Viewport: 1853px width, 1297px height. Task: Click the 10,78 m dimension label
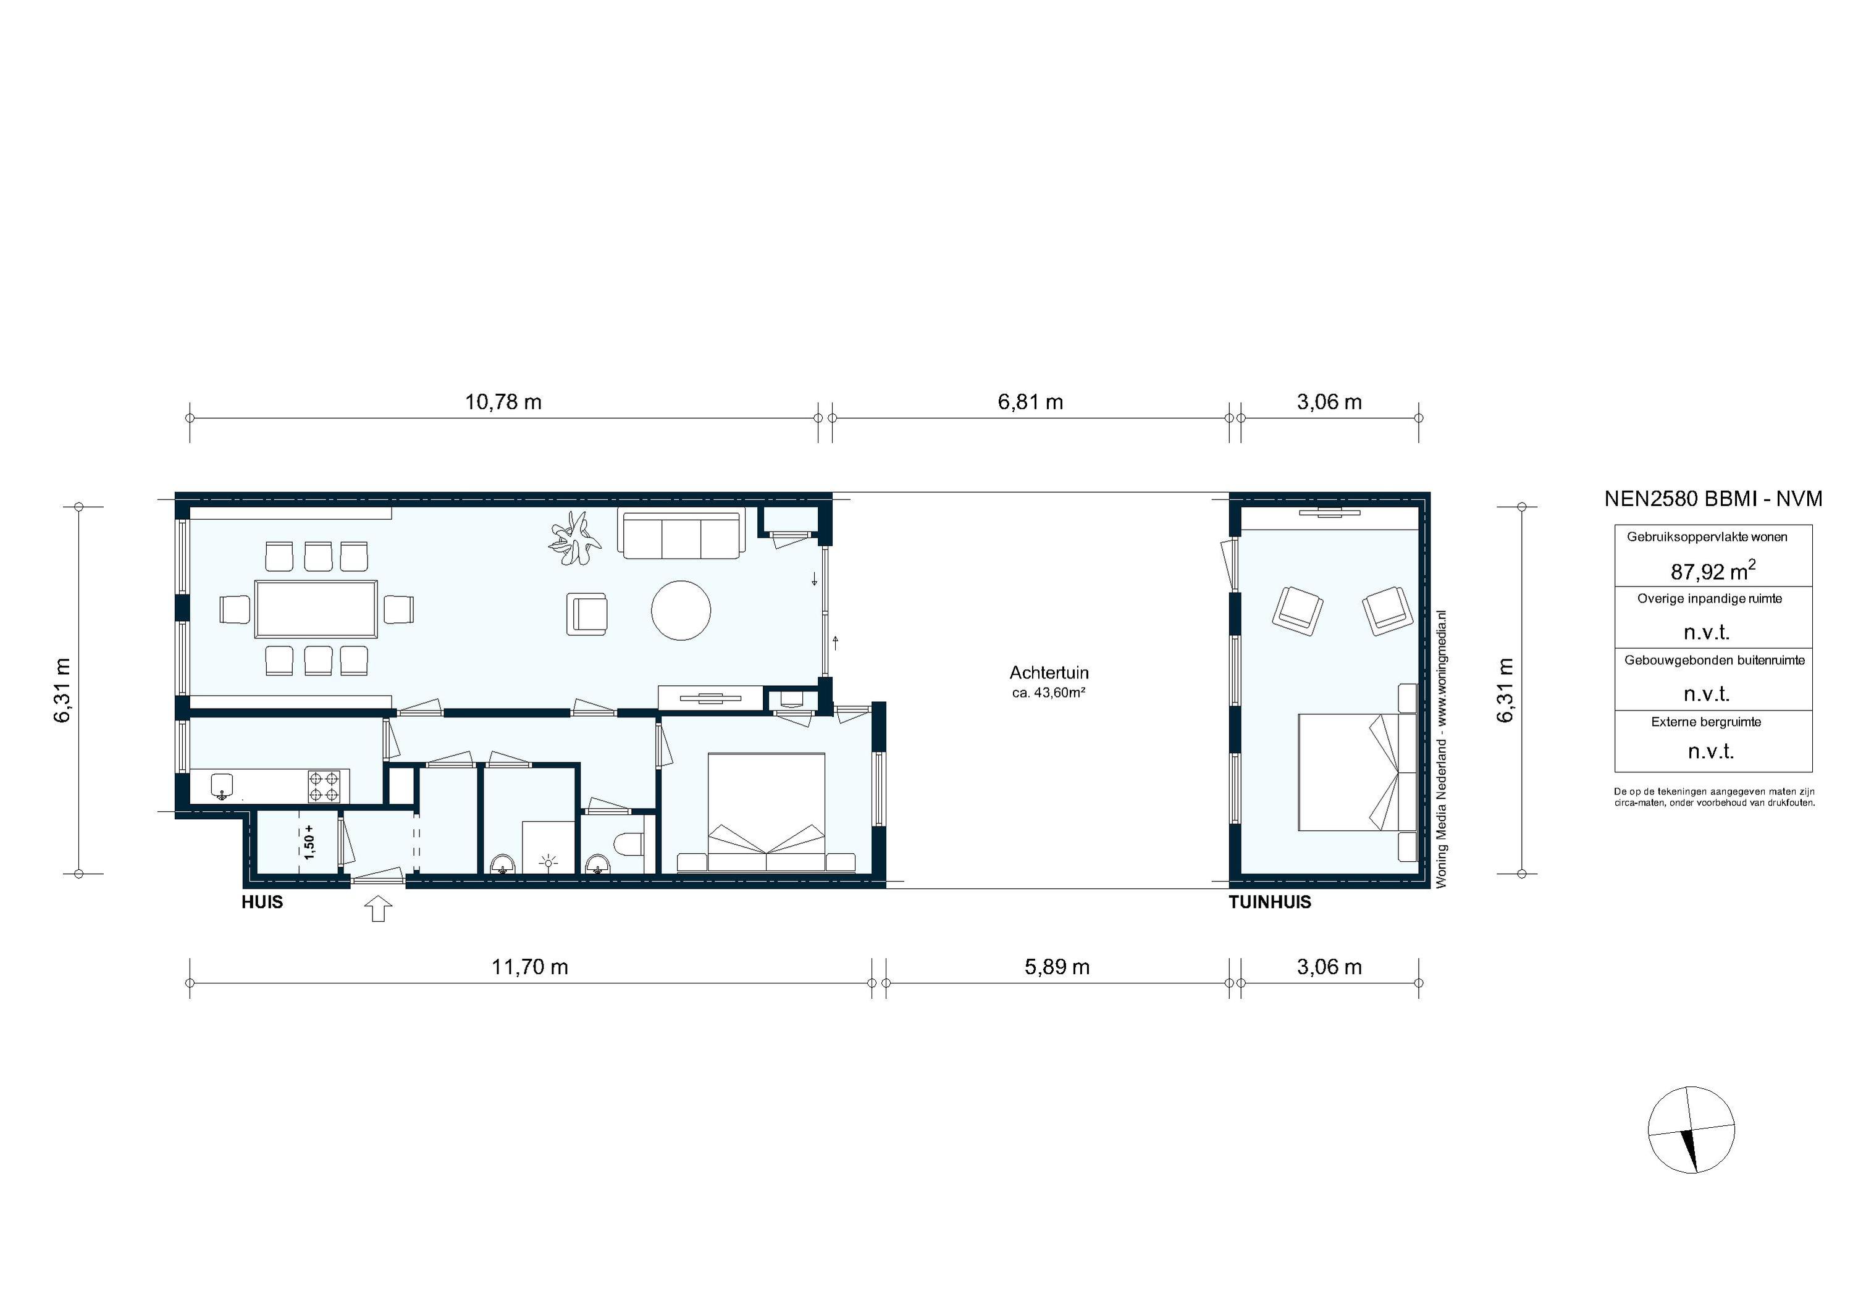503,402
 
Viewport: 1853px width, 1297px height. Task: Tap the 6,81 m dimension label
1031,402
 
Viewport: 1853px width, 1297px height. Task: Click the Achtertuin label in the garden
1048,673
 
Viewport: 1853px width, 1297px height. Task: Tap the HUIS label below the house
263,903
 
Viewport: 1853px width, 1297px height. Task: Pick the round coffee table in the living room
681,611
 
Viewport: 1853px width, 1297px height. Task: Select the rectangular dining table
316,609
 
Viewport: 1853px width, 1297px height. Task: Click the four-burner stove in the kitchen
324,786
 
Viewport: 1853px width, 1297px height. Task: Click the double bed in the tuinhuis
1348,772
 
